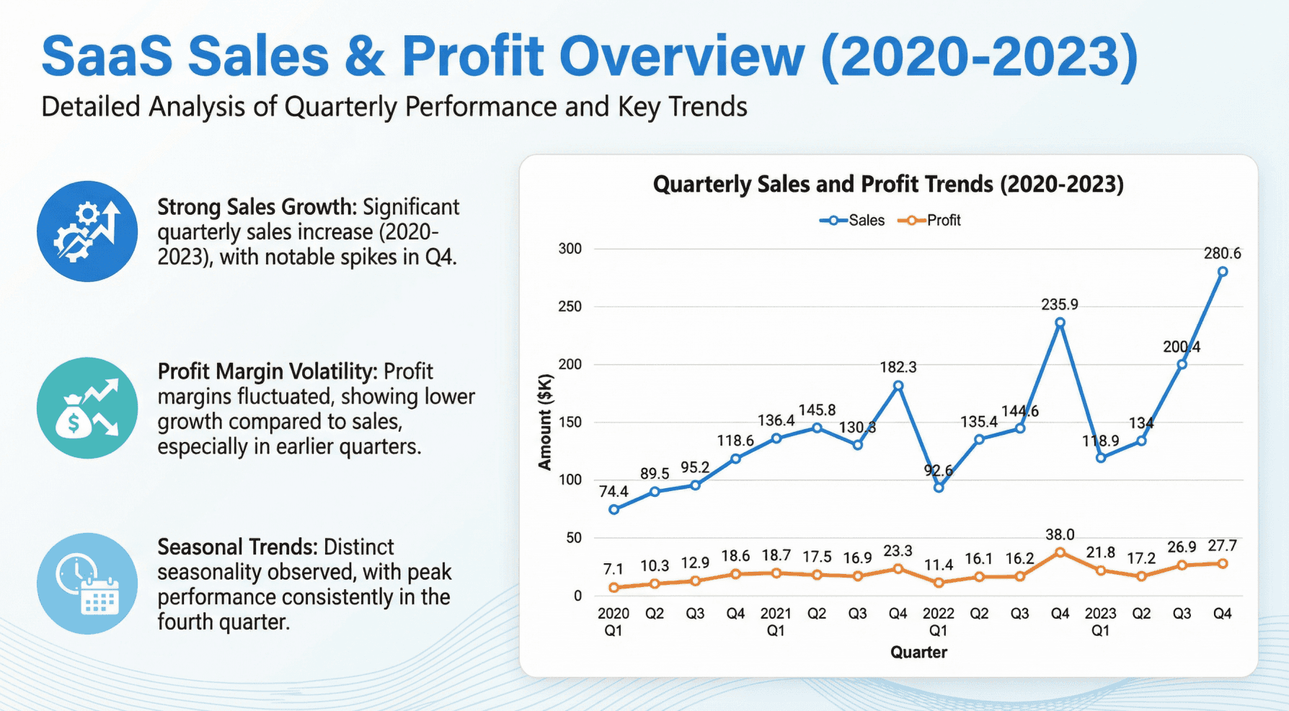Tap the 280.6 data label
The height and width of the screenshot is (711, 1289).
click(x=1222, y=254)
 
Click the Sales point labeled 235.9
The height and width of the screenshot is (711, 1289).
click(x=1060, y=323)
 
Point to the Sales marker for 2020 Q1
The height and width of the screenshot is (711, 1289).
click(x=614, y=509)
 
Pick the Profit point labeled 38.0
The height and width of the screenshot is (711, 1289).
click(x=1060, y=552)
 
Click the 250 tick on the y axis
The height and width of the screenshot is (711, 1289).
click(x=570, y=306)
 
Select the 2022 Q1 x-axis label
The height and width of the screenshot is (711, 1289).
click(x=938, y=622)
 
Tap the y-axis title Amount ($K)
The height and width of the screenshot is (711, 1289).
click(x=545, y=422)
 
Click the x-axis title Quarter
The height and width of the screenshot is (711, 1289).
click(x=918, y=653)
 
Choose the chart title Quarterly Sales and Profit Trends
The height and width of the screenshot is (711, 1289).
click(x=887, y=185)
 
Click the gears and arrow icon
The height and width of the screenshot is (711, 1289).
click(x=87, y=231)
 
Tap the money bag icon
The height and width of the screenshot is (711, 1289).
click(x=87, y=408)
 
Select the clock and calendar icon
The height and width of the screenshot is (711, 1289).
click(x=87, y=583)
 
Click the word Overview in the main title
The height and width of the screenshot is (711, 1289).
click(x=681, y=56)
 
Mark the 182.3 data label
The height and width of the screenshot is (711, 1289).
click(x=898, y=367)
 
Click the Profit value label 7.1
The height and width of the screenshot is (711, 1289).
click(x=614, y=570)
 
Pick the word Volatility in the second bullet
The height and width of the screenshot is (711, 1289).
click(x=333, y=371)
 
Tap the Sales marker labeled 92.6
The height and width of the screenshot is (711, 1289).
click(x=939, y=487)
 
